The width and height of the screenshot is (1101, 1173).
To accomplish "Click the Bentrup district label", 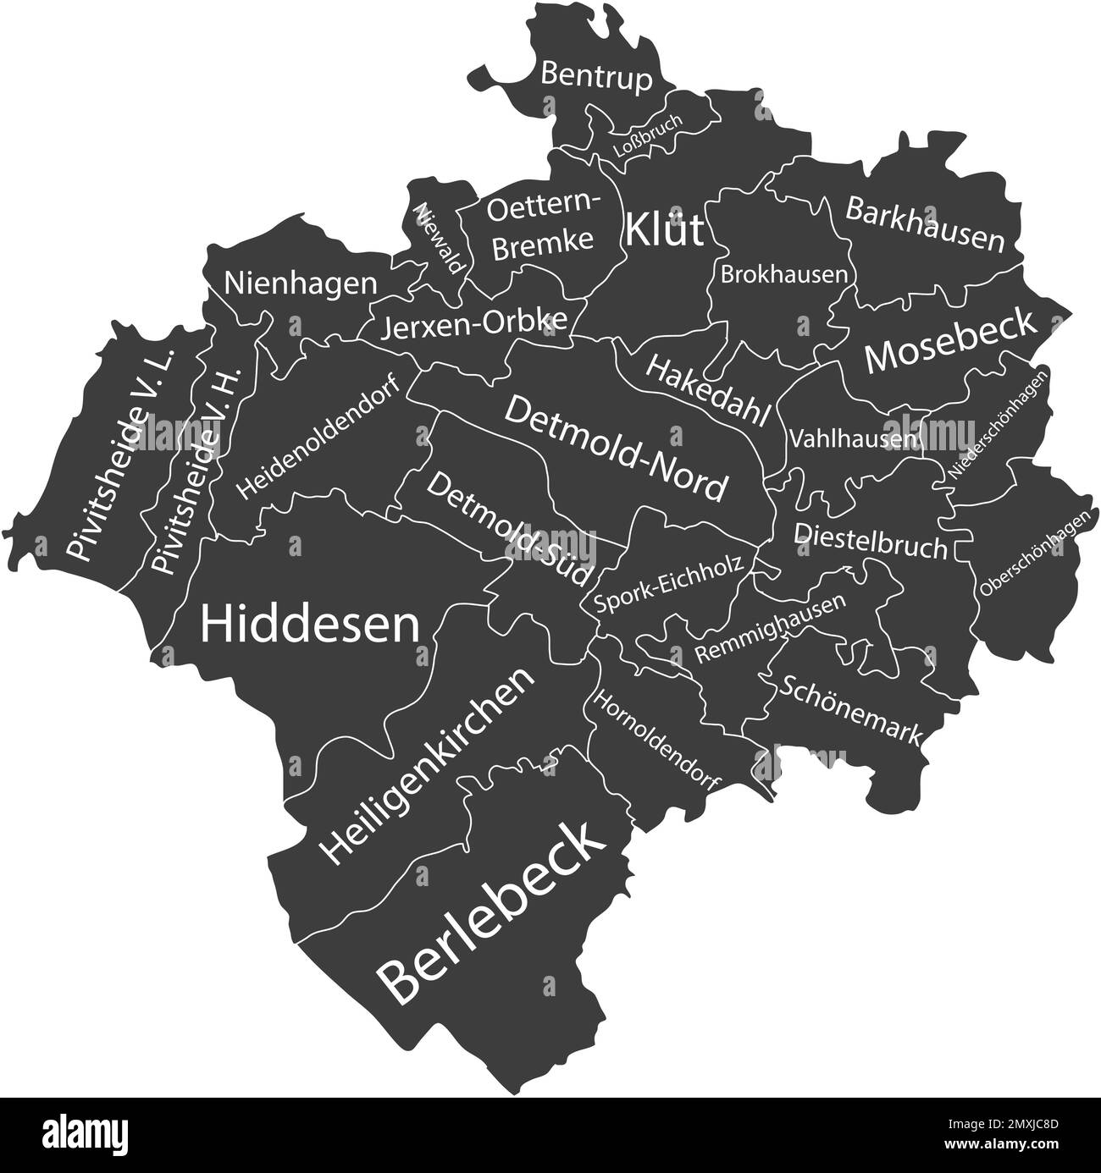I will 596,77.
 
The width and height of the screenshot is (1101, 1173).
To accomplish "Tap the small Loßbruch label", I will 647,136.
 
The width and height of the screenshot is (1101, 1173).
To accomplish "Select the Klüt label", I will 665,229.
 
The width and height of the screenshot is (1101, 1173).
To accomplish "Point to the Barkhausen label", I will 925,224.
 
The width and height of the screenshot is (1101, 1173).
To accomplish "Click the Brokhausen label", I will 783,274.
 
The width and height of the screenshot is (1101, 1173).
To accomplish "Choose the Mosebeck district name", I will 949,341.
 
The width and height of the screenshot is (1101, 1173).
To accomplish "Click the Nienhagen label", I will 301,284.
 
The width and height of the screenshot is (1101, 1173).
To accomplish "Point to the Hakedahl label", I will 709,390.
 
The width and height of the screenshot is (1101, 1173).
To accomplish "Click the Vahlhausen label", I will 854,439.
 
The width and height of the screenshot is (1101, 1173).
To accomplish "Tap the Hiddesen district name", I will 310,625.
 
